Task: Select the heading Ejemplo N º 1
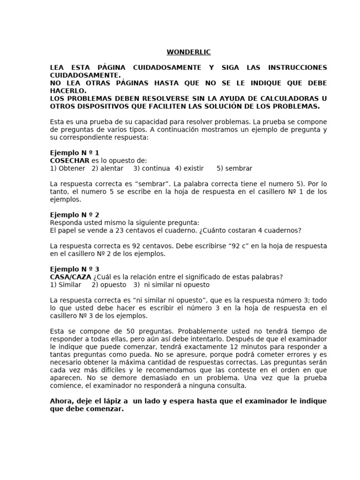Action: click(x=74, y=153)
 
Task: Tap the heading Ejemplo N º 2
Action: click(x=74, y=215)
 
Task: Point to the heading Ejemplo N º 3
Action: click(x=74, y=269)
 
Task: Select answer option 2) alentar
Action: click(x=107, y=168)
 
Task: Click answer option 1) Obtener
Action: click(x=67, y=168)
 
